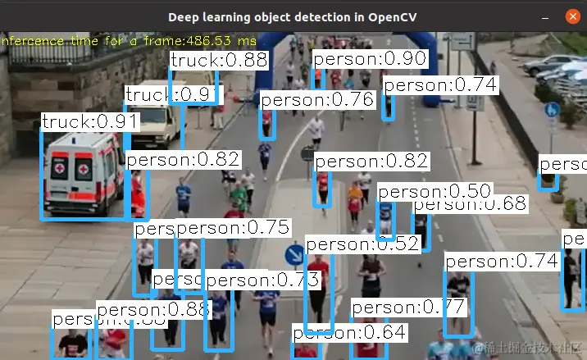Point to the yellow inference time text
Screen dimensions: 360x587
pyautogui.click(x=128, y=40)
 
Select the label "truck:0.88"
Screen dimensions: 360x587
pyautogui.click(x=219, y=60)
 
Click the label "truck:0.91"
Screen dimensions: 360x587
pyautogui.click(x=90, y=122)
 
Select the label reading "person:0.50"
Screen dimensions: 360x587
pyautogui.click(x=434, y=192)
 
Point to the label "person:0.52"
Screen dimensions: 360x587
pyautogui.click(x=362, y=244)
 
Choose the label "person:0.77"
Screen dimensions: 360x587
pyautogui.click(x=407, y=308)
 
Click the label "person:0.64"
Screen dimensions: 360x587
pyautogui.click(x=349, y=333)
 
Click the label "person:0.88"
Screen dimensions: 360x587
pyautogui.click(x=152, y=310)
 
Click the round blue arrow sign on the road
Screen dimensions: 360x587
pyautogui.click(x=294, y=254)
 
